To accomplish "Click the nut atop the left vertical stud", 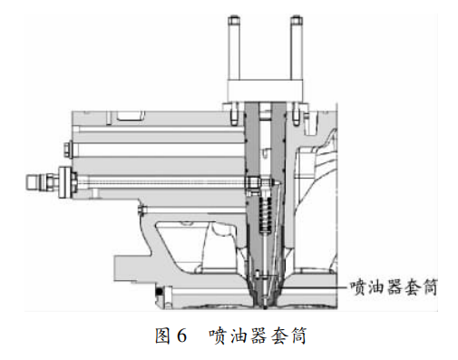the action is (234, 21).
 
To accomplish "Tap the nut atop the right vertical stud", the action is (297, 21).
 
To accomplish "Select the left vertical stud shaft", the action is (235, 54).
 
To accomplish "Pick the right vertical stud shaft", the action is (297, 54).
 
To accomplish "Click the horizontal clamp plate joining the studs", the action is (265, 91).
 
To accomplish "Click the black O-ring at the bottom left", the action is (160, 291).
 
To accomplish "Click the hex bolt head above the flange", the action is (67, 149).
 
